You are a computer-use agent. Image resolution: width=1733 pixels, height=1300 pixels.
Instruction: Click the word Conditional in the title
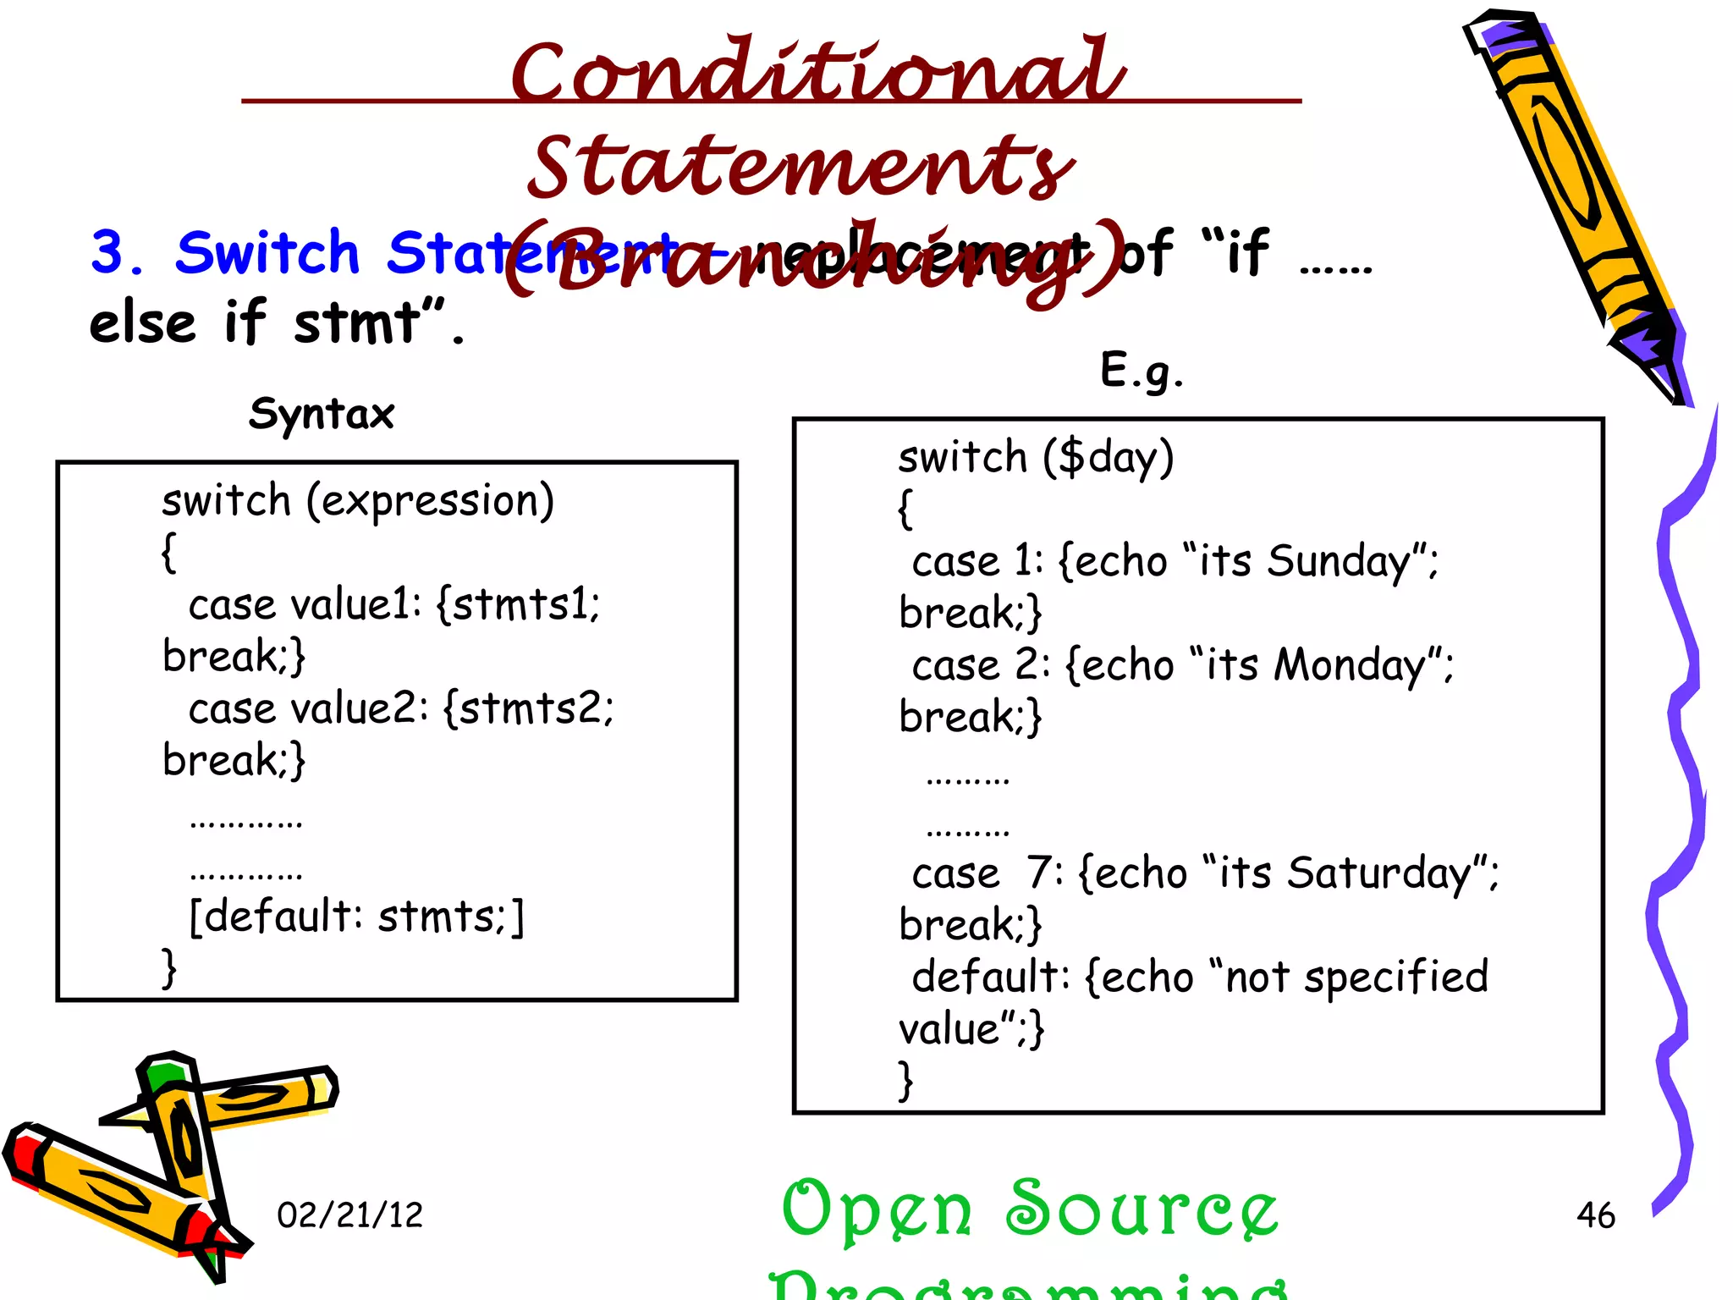pos(817,72)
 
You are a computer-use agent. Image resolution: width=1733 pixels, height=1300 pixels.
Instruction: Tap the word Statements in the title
pos(800,167)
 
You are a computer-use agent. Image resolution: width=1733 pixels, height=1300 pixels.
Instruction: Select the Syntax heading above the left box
pos(322,415)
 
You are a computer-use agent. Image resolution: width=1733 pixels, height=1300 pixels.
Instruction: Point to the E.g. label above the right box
pos(1142,371)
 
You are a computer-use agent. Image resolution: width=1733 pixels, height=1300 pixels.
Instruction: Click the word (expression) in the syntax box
pos(430,501)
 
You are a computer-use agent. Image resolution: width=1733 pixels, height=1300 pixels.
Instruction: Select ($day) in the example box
pos(1108,458)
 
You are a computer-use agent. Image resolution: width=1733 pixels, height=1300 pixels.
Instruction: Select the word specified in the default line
pos(1395,978)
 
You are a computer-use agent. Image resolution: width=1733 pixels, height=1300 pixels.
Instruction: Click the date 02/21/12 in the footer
pos(349,1215)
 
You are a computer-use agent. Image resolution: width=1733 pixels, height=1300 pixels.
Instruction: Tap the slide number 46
pos(1595,1215)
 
